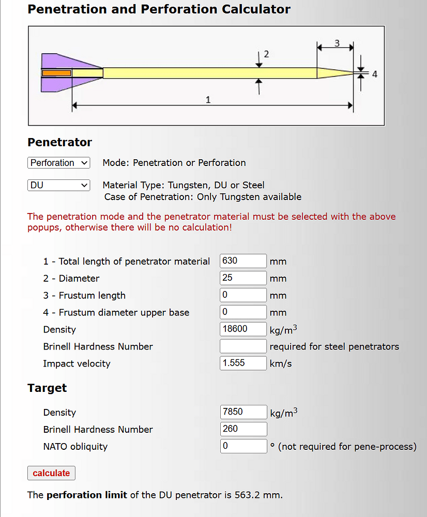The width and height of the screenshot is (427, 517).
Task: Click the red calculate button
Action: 51,473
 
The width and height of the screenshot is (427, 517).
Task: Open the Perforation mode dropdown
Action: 59,163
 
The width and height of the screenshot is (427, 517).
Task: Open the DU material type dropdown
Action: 59,185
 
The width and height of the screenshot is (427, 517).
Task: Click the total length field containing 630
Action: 243,261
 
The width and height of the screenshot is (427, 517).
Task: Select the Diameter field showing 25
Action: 243,278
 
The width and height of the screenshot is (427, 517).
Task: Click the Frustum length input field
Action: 243,295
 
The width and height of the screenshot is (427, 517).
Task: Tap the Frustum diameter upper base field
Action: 243,312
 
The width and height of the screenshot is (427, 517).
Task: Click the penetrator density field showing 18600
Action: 243,329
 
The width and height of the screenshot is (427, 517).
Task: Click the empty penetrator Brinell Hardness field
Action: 243,346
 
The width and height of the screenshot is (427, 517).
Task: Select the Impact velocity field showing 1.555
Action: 243,363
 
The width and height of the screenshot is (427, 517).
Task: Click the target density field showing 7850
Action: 243,412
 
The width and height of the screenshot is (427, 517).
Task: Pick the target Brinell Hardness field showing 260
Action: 243,429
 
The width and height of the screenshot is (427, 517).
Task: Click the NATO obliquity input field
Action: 243,446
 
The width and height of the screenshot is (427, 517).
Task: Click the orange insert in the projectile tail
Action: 56,73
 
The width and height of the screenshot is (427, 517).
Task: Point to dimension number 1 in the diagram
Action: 208,100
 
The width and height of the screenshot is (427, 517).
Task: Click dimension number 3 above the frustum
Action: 337,43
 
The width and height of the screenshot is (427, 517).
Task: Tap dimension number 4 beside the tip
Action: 375,74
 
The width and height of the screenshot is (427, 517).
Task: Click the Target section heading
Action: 47,388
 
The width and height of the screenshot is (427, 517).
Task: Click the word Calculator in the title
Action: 256,9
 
